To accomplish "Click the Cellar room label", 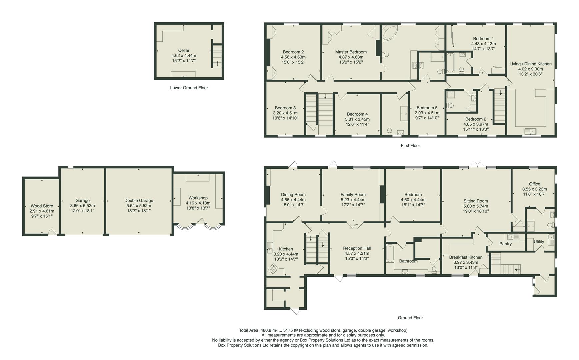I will (184, 50).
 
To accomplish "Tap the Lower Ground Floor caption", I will (189, 88).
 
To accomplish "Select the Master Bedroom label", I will (351, 52).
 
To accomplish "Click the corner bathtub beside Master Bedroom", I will (389, 33).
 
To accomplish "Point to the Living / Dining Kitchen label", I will (530, 64).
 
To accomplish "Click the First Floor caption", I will (410, 146).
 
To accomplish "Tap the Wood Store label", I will (42, 206).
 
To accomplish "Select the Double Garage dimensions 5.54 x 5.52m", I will (139, 206).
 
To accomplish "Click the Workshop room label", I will (198, 198).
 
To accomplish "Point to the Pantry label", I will (505, 244).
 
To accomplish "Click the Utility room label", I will (539, 242).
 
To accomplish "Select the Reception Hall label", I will (357, 248).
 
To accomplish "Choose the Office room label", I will (534, 184).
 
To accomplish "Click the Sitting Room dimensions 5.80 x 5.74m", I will (475, 206).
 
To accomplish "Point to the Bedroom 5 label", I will (427, 108).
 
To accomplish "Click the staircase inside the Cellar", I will (217, 57).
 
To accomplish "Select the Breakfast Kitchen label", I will (465, 257).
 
